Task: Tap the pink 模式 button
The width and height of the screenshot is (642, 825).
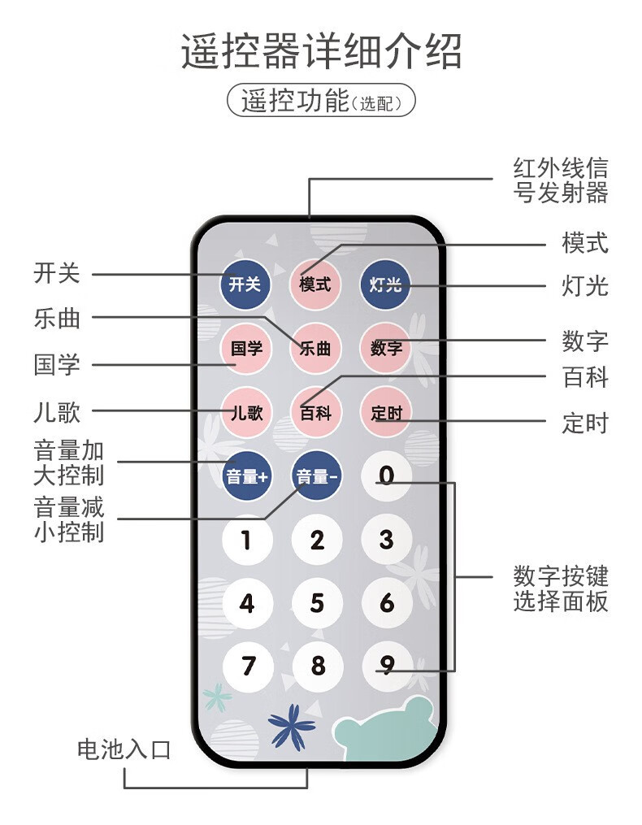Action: tap(315, 284)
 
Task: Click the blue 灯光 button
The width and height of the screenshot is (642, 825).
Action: tap(386, 284)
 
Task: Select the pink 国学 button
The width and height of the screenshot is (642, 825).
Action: tap(246, 349)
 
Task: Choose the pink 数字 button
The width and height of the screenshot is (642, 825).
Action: tap(386, 349)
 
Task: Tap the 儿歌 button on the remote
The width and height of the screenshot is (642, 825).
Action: tap(246, 413)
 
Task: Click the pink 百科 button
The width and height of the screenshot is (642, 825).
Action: tap(315, 413)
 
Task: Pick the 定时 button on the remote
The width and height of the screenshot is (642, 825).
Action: tap(386, 413)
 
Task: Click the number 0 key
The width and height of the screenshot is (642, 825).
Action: tap(387, 475)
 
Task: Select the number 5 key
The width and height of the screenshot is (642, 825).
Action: tap(317, 603)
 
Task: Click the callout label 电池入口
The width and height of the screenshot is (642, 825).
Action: tap(124, 749)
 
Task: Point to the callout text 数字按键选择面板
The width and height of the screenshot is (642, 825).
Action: tap(561, 588)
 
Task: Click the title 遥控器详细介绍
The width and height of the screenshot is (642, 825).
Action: tap(321, 51)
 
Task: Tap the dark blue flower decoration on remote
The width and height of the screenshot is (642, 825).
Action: tap(291, 725)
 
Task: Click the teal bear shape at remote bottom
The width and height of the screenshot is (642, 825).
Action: tap(387, 732)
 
